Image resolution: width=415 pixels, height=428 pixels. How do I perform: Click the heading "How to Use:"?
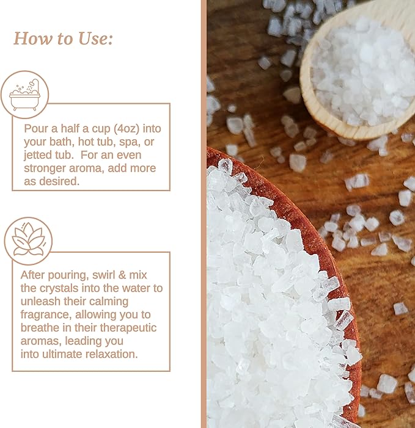(x=63, y=38)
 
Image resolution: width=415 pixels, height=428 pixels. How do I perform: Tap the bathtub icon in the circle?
(x=24, y=95)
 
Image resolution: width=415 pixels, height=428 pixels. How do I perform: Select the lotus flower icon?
(x=28, y=241)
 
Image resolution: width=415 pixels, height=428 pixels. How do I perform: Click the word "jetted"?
(x=42, y=154)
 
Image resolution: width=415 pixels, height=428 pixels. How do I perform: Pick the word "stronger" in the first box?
(x=46, y=168)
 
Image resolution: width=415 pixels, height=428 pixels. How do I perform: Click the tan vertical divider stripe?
(x=204, y=214)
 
